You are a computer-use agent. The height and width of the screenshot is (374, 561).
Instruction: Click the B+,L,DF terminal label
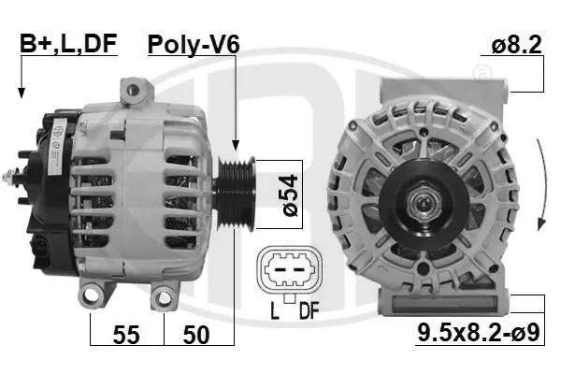point(68,44)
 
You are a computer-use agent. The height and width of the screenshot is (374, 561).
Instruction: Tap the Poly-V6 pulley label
point(194,45)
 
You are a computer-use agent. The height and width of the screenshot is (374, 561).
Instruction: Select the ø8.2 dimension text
point(516,45)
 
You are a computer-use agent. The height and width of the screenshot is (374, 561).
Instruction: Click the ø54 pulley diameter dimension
point(290,194)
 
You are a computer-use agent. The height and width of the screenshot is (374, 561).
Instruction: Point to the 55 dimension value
point(126,335)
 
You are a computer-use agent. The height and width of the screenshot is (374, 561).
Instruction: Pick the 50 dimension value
point(196,335)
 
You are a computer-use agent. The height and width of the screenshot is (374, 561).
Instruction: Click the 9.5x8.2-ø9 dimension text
point(479,333)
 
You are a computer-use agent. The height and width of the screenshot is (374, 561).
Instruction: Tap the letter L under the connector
point(274,310)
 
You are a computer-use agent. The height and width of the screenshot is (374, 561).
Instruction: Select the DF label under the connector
point(309,310)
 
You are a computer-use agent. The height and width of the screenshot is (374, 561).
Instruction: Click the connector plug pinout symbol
point(290,269)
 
